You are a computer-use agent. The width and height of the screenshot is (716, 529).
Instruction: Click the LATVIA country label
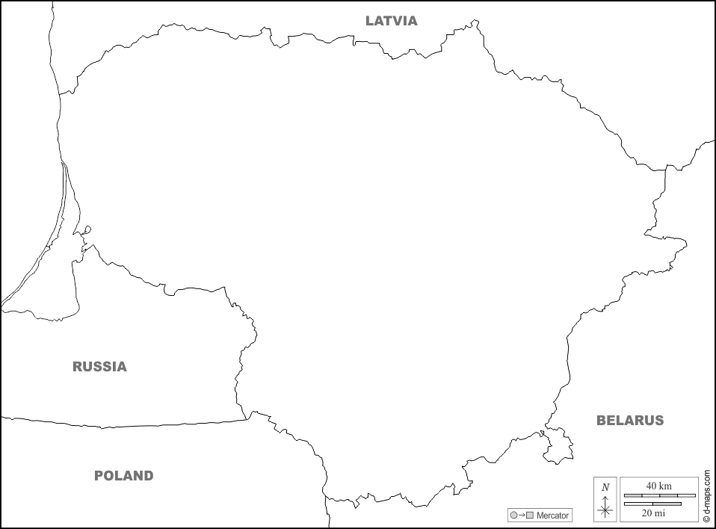point(391,21)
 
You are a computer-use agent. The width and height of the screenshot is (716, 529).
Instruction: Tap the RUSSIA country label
point(99,367)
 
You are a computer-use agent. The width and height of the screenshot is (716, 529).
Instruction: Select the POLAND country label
point(123,476)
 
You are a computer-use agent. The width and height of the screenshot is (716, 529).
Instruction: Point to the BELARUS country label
point(629,421)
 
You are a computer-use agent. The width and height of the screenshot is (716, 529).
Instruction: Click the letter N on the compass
point(605,487)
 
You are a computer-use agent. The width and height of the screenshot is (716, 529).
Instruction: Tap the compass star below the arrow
point(605,511)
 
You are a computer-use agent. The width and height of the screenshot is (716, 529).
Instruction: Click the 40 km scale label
point(658,486)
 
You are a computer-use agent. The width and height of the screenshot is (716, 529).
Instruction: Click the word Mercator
point(553,516)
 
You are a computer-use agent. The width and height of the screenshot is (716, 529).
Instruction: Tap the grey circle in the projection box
point(513,516)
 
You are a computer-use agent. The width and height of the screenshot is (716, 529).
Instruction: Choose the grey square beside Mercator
point(530,516)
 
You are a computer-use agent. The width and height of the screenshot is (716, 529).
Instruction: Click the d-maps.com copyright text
point(706,489)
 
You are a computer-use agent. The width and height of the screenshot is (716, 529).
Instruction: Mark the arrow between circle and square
point(522,516)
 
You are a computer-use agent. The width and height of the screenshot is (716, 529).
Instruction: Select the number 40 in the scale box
point(652,486)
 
